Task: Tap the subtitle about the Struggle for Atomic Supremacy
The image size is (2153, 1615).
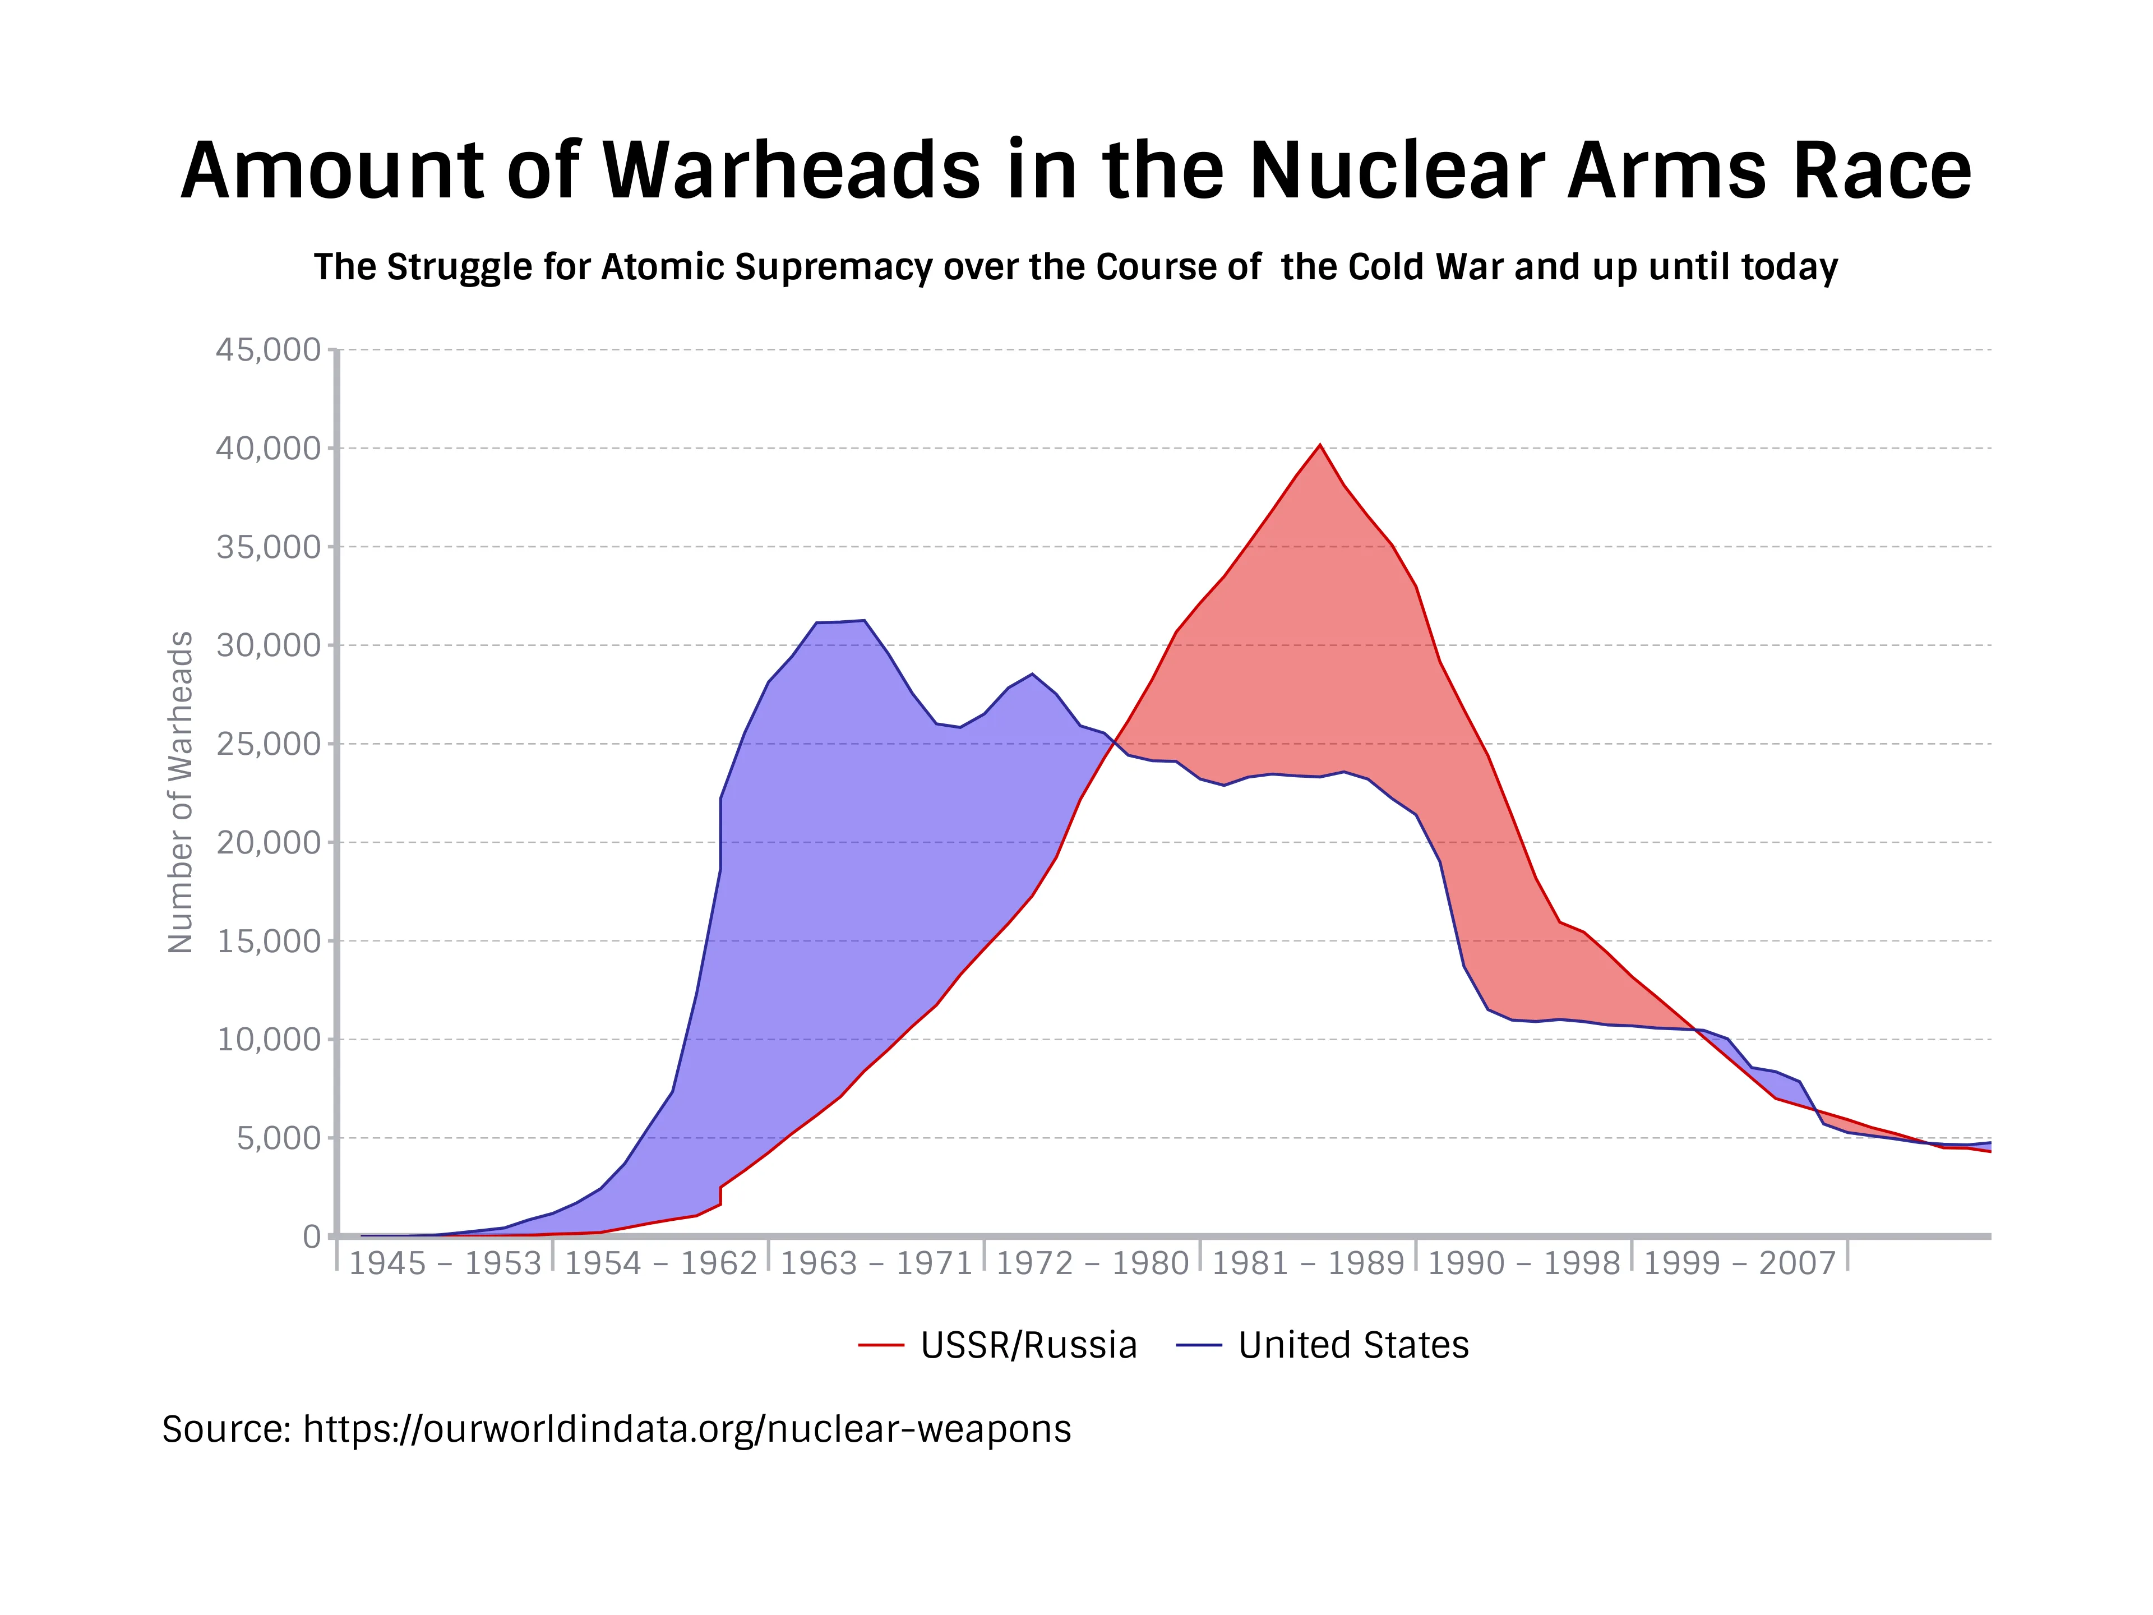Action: (1075, 267)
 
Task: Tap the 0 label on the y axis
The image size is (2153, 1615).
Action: (312, 1237)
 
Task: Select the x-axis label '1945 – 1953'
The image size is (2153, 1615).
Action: (445, 1263)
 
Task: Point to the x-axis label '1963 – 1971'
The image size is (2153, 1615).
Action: (876, 1263)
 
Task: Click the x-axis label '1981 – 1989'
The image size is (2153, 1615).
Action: (1308, 1263)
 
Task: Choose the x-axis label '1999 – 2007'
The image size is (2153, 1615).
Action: (1739, 1263)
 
